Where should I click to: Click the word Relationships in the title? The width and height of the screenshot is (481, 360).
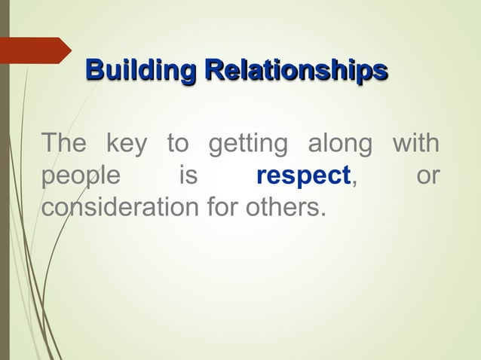pyautogui.click(x=296, y=72)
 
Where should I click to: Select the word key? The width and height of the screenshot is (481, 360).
pyautogui.click(x=126, y=144)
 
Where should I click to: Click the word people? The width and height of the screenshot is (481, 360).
pyautogui.click(x=80, y=176)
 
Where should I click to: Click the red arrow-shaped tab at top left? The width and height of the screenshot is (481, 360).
pyautogui.click(x=36, y=50)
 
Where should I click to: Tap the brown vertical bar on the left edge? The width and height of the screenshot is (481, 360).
pyautogui.click(x=4, y=181)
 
